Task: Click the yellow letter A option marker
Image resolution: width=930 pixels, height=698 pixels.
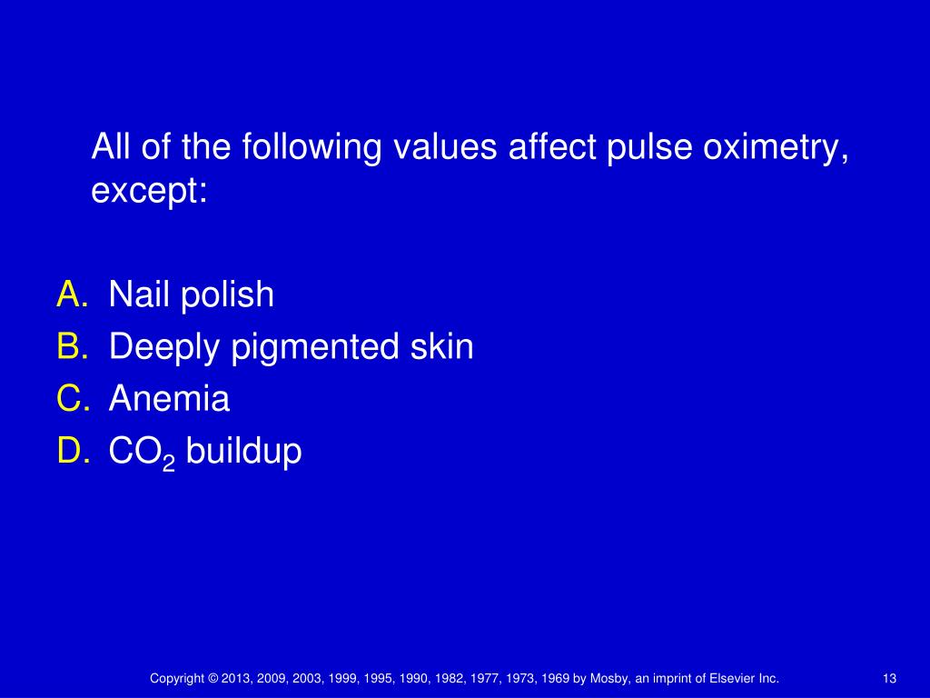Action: click(72, 294)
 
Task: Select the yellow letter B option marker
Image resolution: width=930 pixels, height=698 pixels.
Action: click(72, 346)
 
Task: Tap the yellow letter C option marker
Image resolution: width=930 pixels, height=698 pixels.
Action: click(72, 399)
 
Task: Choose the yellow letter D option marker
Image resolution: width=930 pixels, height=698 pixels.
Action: click(72, 451)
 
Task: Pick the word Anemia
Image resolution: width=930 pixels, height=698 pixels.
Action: click(169, 399)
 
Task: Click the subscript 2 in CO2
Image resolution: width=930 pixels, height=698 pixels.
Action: click(168, 463)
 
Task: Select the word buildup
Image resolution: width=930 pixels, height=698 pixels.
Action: click(243, 452)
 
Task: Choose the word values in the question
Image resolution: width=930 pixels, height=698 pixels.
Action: click(443, 147)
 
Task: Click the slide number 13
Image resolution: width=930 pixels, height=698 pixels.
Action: click(889, 679)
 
